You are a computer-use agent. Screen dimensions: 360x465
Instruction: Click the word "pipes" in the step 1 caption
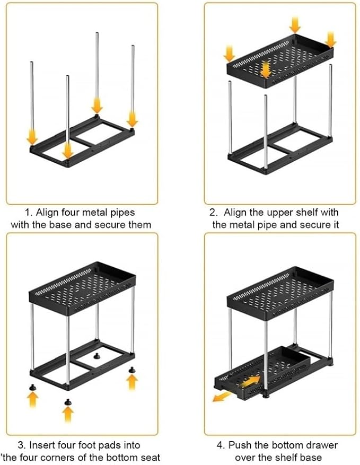(122, 213)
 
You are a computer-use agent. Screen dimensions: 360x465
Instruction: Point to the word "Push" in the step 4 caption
(240, 445)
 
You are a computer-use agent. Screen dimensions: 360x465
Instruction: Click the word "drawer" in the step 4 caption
(322, 445)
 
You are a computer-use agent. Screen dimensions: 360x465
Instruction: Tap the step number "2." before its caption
(214, 213)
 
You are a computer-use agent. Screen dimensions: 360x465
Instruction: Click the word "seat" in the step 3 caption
(150, 457)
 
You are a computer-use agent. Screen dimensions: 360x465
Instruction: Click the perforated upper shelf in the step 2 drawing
(279, 61)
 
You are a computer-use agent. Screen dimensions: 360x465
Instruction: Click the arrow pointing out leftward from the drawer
(222, 396)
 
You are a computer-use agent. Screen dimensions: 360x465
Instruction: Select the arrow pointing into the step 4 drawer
(250, 381)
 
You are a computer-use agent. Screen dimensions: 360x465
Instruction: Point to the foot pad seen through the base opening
(96, 356)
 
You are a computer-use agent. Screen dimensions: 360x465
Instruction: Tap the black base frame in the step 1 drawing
(82, 141)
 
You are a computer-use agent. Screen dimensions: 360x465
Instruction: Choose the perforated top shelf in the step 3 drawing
(82, 288)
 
